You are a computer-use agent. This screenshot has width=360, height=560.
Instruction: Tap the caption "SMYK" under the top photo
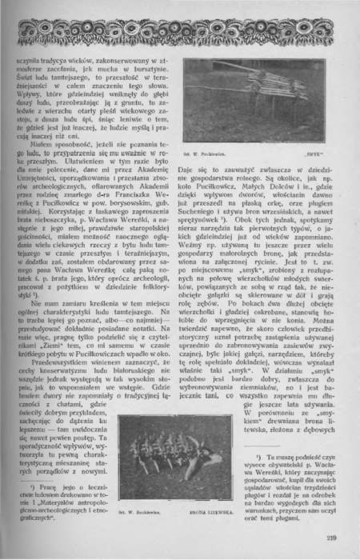click(311, 170)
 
